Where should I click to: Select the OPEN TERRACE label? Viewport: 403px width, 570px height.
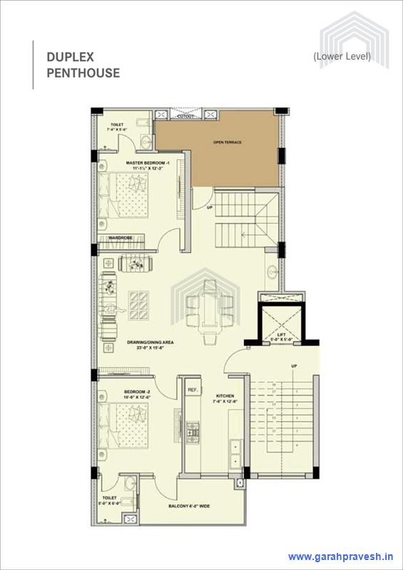(x=228, y=142)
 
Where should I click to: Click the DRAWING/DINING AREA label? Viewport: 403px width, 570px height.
(x=151, y=345)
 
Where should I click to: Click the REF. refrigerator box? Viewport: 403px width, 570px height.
(x=192, y=390)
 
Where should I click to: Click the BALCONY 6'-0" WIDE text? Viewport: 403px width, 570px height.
(x=188, y=507)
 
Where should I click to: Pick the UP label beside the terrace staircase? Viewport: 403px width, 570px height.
(x=210, y=208)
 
